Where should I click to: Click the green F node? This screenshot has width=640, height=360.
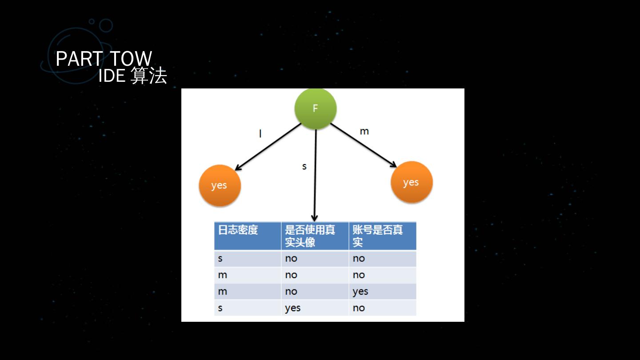(316, 108)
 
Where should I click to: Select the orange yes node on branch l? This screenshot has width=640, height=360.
(219, 185)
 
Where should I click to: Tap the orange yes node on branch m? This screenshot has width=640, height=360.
(411, 182)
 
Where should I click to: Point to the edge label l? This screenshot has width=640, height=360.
(260, 133)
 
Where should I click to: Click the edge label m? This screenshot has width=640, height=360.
(364, 132)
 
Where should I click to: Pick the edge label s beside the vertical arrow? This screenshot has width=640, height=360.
(304, 167)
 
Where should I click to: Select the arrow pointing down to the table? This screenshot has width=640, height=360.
(315, 178)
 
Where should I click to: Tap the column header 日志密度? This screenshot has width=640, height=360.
(238, 230)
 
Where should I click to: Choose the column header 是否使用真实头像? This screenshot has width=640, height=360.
(310, 236)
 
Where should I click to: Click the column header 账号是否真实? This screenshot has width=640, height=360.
(377, 236)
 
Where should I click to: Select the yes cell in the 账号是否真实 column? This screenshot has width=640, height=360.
(360, 292)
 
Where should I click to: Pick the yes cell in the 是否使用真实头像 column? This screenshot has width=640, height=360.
(293, 308)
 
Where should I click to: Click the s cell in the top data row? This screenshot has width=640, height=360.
(220, 258)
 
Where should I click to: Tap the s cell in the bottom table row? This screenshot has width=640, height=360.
(220, 308)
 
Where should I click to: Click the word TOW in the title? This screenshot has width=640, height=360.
(131, 59)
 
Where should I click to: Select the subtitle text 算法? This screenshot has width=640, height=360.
(149, 76)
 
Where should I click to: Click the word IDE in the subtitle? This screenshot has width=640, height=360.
(112, 76)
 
